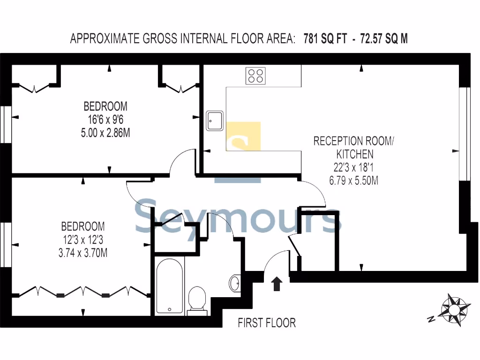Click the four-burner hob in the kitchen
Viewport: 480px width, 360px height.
(x=255, y=75)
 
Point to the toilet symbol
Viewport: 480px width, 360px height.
(x=197, y=299)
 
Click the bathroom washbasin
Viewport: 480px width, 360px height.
(x=235, y=283)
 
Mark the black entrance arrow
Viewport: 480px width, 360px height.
(x=277, y=284)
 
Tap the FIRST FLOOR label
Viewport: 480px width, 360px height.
(x=267, y=323)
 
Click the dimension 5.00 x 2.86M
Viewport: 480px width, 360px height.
(x=105, y=133)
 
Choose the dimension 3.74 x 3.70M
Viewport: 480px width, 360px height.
(x=83, y=254)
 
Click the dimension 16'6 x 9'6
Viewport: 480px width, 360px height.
(x=105, y=120)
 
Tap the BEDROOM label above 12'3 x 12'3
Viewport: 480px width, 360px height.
(x=83, y=227)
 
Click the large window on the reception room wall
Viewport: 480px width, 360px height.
(x=466, y=134)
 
